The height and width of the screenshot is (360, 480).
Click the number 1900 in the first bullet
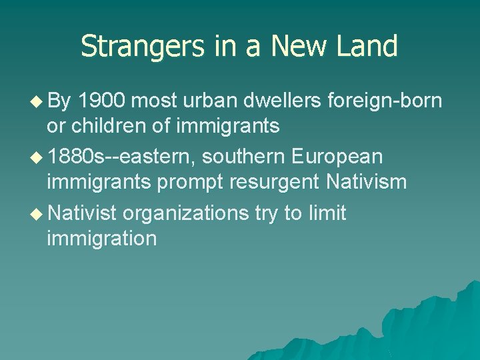[x=103, y=101]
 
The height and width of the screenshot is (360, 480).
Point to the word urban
[x=219, y=101]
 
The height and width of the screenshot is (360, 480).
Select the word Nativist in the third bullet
[x=83, y=214]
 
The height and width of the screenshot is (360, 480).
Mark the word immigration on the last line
[x=102, y=238]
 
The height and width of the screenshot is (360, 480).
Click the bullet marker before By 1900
[x=36, y=101]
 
